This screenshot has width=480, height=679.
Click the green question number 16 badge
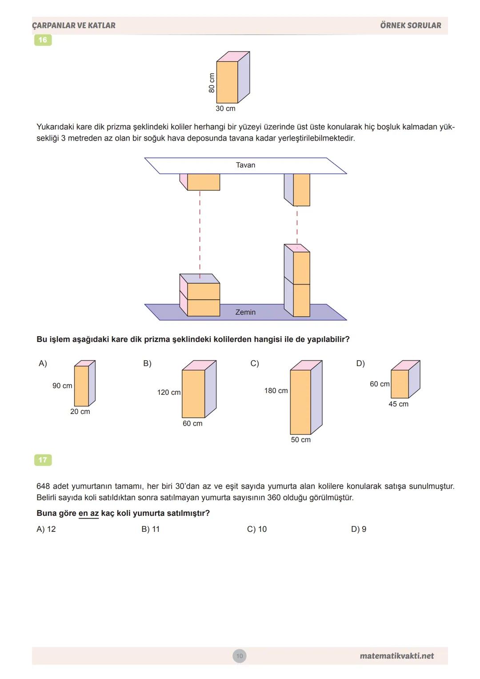point(43,40)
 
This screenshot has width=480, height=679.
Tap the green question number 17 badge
point(43,460)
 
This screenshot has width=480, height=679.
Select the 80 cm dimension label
point(212,83)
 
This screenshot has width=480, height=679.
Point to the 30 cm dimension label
point(225,108)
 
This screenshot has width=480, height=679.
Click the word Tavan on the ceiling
point(245,165)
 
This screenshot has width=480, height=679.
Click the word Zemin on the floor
point(245,312)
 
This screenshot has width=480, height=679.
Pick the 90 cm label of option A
point(62,386)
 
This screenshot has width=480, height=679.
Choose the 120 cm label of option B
point(169,392)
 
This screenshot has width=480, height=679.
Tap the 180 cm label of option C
point(276,390)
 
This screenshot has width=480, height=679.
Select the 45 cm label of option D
point(398,404)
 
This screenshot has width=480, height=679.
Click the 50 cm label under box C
point(301,439)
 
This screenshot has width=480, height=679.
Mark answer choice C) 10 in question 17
point(257,529)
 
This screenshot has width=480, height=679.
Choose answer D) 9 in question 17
point(359,529)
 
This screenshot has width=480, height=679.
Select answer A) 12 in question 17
point(46,529)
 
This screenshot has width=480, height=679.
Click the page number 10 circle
point(240,656)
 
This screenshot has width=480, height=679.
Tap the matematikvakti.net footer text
point(396,656)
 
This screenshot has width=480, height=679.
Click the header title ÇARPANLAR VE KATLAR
point(74,25)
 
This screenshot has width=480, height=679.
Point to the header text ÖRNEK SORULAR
point(411,25)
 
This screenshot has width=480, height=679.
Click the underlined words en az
point(88,513)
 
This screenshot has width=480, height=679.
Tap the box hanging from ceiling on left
point(203,182)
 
